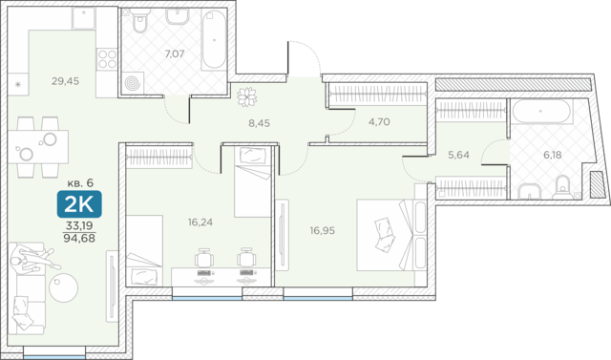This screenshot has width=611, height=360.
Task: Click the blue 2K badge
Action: [x=79, y=203]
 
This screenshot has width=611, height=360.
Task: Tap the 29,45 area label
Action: [x=66, y=81]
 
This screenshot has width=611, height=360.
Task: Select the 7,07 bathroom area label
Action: [x=174, y=53]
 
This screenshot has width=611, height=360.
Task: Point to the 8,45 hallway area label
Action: [x=259, y=123]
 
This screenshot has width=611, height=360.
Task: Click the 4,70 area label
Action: [x=379, y=122]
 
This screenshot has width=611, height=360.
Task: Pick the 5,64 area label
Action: [x=458, y=155]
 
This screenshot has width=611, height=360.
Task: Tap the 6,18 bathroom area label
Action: [x=553, y=155]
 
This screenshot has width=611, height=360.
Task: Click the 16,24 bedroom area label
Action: [x=200, y=222]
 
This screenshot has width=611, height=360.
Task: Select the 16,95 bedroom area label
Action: [x=323, y=231]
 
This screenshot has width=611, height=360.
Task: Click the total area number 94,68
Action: [x=79, y=238]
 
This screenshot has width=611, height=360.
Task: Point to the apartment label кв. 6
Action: [x=80, y=182]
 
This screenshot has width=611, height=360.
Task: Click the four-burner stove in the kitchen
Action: [x=107, y=59]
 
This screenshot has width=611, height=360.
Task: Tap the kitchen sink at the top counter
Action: [x=84, y=18]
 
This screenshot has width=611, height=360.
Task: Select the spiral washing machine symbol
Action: [x=133, y=83]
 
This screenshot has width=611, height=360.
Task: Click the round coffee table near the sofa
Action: [x=64, y=287]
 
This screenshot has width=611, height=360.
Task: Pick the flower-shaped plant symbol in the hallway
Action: [x=247, y=96]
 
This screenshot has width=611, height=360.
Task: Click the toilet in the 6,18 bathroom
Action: [x=562, y=186]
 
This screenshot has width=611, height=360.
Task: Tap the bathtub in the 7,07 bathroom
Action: [x=214, y=39]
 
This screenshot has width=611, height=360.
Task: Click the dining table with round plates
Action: [x=38, y=146]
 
